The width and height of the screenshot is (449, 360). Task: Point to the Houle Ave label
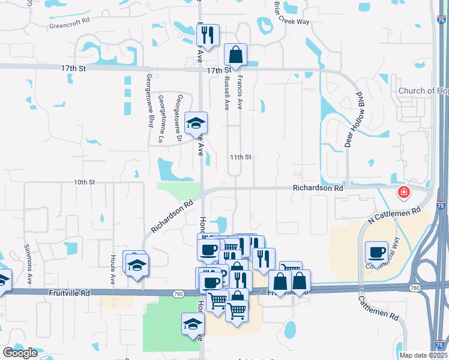point(112,268)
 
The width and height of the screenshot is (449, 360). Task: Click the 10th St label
point(85,182)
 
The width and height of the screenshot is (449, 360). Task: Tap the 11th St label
point(240,157)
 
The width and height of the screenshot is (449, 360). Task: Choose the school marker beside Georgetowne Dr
point(196,123)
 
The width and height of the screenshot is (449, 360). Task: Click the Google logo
point(20,353)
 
